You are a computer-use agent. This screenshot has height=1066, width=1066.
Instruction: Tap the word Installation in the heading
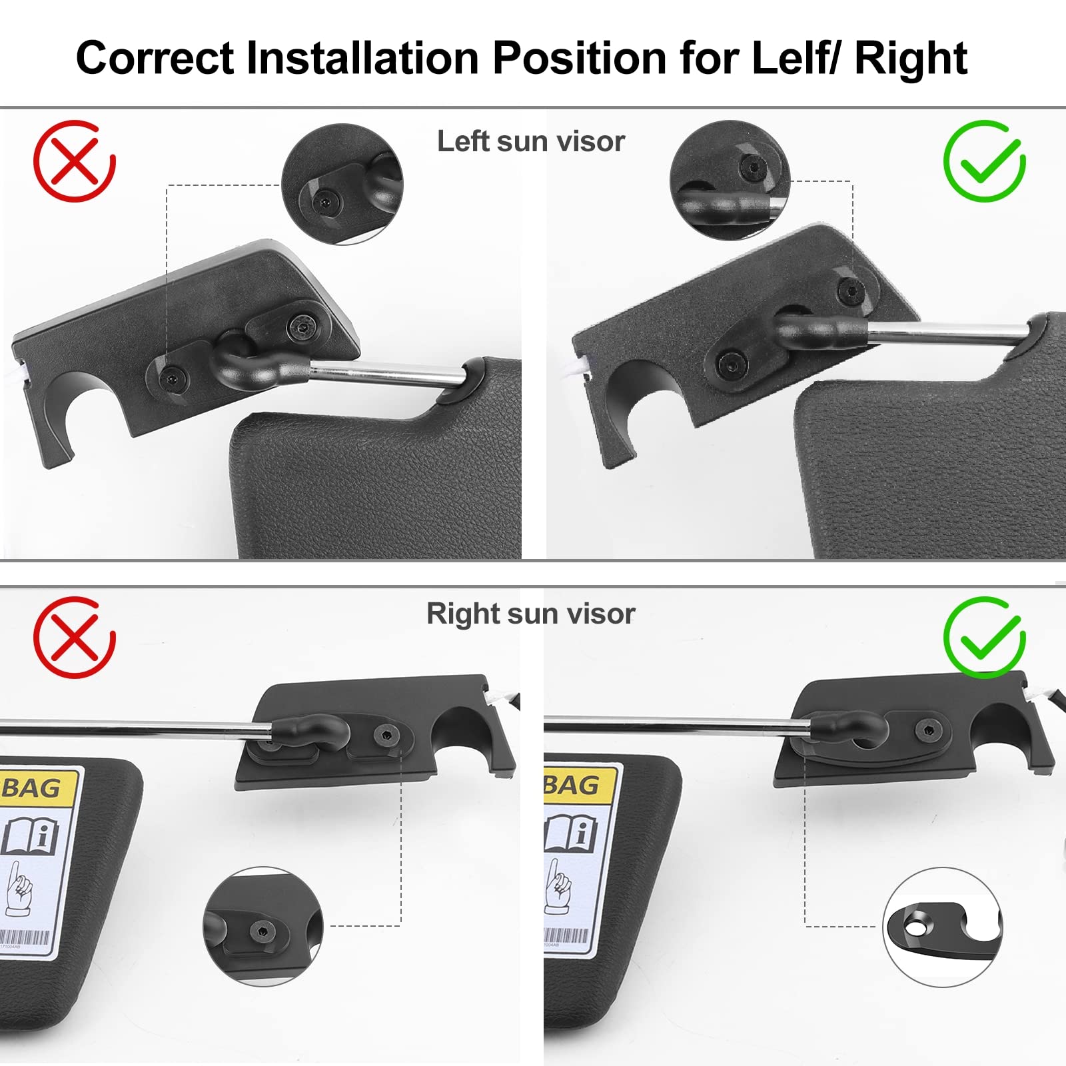click(x=362, y=58)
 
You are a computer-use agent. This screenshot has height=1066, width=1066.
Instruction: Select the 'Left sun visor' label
click(x=531, y=141)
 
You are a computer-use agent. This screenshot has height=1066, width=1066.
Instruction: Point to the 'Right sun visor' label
click(x=530, y=614)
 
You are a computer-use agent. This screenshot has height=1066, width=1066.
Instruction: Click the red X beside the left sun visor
click(x=75, y=161)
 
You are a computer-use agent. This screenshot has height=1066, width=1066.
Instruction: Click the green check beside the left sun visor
click(x=984, y=161)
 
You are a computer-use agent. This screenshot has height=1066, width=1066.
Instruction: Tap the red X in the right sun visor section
click(x=75, y=637)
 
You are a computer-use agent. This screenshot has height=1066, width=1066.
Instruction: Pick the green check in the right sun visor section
click(x=984, y=637)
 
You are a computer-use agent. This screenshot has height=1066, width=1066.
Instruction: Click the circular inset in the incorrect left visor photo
click(x=342, y=184)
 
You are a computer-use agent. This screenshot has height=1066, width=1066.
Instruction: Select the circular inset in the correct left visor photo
click(x=730, y=180)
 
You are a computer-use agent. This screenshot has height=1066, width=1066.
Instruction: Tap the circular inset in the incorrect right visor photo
click(x=263, y=926)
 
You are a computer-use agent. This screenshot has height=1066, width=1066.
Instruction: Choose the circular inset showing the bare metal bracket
click(x=942, y=927)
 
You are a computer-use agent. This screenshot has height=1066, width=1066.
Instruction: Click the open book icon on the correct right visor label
click(x=570, y=833)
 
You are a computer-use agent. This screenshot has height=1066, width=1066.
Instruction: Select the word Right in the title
click(x=910, y=58)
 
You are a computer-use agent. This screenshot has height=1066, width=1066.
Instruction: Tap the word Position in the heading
click(x=579, y=58)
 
